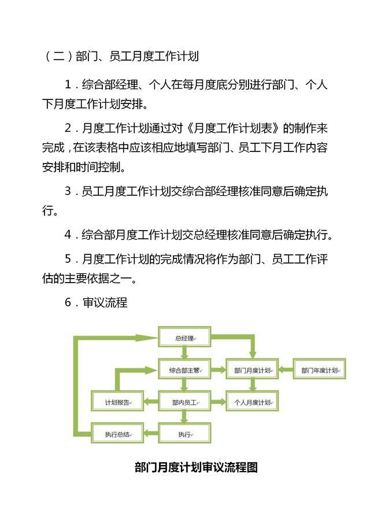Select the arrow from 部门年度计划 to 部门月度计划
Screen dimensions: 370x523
click(x=286, y=369)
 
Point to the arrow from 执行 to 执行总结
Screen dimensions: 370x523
click(x=151, y=433)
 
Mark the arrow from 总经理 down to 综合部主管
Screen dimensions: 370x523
click(x=184, y=353)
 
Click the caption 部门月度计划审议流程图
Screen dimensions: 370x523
click(x=196, y=467)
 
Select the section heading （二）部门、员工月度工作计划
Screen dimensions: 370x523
click(x=120, y=56)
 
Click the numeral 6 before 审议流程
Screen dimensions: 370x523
click(x=68, y=302)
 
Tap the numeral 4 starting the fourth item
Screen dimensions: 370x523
click(x=68, y=235)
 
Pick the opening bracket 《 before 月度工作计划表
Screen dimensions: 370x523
click(x=188, y=128)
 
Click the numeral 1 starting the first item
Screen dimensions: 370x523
click(x=68, y=84)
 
